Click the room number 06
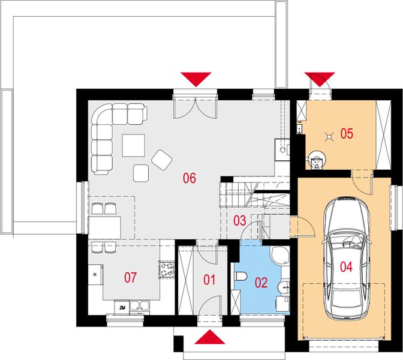(190, 178)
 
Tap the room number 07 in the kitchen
(130, 277)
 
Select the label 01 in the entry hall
(209, 280)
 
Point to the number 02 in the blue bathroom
(261, 283)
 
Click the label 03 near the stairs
(239, 221)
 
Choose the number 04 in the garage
(346, 267)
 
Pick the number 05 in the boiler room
(347, 133)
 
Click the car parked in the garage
(346, 258)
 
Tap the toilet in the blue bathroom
(240, 277)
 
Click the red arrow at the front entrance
(210, 337)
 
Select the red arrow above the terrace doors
(196, 79)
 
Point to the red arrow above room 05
(320, 79)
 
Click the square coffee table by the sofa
(133, 145)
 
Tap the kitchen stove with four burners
(167, 269)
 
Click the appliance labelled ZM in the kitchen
(122, 308)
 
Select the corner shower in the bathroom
(280, 256)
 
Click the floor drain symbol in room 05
(329, 136)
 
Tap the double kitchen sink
(140, 306)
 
